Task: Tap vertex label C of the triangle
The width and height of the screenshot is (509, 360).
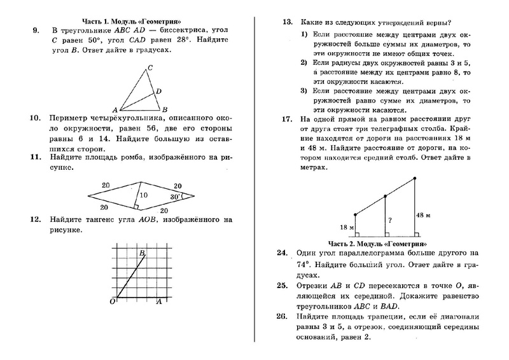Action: (150, 67)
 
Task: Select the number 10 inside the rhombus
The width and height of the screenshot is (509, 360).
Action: (144, 195)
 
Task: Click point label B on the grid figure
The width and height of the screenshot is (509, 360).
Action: (142, 253)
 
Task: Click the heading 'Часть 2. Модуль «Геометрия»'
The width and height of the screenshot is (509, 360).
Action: (377, 244)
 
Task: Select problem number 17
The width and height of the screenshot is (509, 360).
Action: (287, 119)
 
